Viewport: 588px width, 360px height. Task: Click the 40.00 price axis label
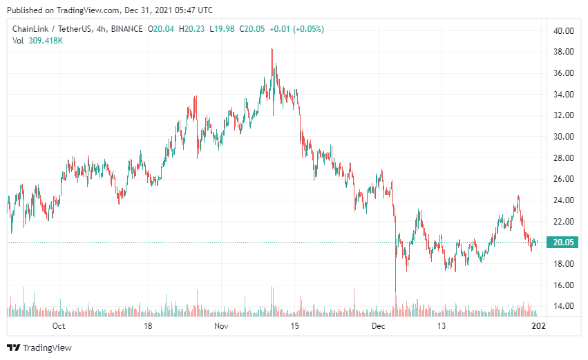click(x=564, y=30)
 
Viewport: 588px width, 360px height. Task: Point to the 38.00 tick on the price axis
click(x=564, y=52)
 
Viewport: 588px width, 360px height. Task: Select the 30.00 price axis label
click(x=564, y=137)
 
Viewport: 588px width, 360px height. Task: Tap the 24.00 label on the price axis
click(x=564, y=200)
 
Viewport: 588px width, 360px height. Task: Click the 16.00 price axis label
click(x=564, y=285)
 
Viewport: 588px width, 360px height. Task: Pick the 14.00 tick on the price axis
click(x=564, y=306)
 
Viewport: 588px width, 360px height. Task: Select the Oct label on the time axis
click(x=59, y=325)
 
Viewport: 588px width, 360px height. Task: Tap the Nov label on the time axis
click(x=221, y=325)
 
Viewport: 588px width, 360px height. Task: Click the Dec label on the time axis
click(x=378, y=325)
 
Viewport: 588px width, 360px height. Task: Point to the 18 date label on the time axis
click(x=147, y=325)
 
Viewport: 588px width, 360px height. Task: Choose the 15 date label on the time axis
click(x=295, y=325)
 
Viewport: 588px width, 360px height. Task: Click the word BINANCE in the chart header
click(x=125, y=29)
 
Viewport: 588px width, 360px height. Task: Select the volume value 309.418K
click(x=46, y=41)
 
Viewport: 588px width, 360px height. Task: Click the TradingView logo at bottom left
click(x=39, y=348)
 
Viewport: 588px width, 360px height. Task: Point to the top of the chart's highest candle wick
click(x=272, y=49)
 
